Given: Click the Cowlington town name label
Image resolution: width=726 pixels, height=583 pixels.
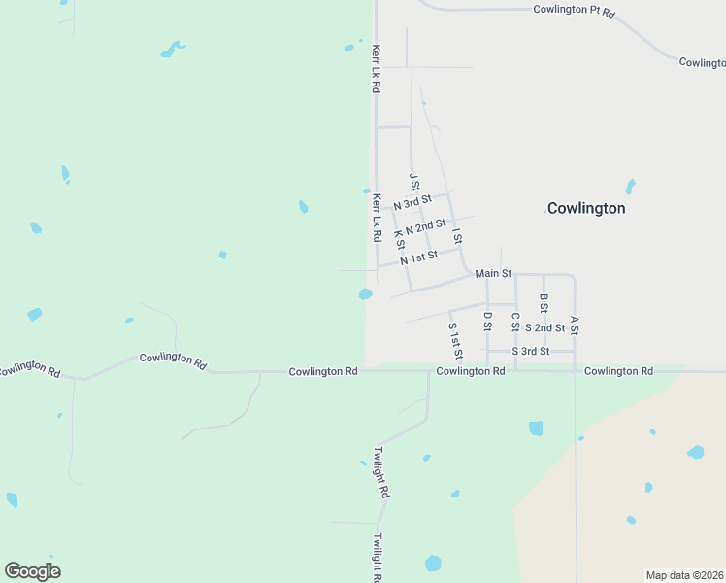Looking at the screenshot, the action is point(586,208).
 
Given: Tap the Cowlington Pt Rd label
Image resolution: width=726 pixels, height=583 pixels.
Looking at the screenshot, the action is point(575,10).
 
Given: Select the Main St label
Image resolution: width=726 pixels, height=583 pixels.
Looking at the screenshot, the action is point(493,274).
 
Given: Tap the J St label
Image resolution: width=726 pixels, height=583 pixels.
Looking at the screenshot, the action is point(414,182).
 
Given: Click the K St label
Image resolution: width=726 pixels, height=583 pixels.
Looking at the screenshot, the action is point(399,238).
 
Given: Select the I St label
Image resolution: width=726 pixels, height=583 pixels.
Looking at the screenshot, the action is point(456,236).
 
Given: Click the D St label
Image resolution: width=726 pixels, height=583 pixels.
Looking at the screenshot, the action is point(487,320).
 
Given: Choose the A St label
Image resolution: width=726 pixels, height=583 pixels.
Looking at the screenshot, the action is point(575,326).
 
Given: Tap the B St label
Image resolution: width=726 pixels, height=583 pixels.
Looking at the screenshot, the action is point(544,304).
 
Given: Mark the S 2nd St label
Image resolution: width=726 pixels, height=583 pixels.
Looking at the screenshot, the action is point(544,328).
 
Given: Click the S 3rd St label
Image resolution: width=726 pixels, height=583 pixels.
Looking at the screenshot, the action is point(531,351).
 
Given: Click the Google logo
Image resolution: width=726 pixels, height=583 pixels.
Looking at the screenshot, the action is point(32,570).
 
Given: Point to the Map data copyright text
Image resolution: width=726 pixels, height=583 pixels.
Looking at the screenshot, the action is point(685,575).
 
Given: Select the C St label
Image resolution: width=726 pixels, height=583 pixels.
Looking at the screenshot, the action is point(515,321).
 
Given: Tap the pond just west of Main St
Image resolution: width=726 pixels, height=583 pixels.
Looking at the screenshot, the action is point(365,294).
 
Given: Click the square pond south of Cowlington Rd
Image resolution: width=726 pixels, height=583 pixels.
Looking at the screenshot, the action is point(536,428).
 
